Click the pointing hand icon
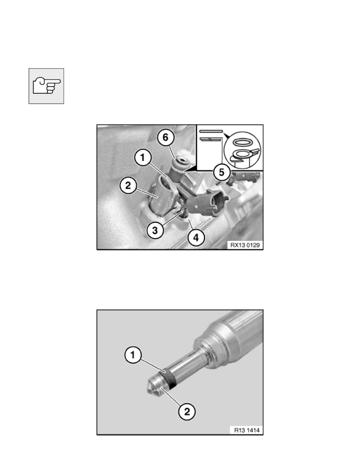(x=46, y=86)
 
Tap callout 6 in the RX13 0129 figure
(x=165, y=138)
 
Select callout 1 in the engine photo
(x=143, y=158)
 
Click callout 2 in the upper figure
(x=128, y=186)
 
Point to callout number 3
(x=155, y=230)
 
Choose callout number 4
(x=196, y=237)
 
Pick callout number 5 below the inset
(x=222, y=172)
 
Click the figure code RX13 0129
(x=245, y=245)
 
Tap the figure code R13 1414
(x=247, y=430)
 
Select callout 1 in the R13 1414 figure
(x=133, y=355)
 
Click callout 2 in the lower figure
(x=187, y=411)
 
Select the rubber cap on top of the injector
(x=181, y=162)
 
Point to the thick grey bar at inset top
(x=211, y=131)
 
